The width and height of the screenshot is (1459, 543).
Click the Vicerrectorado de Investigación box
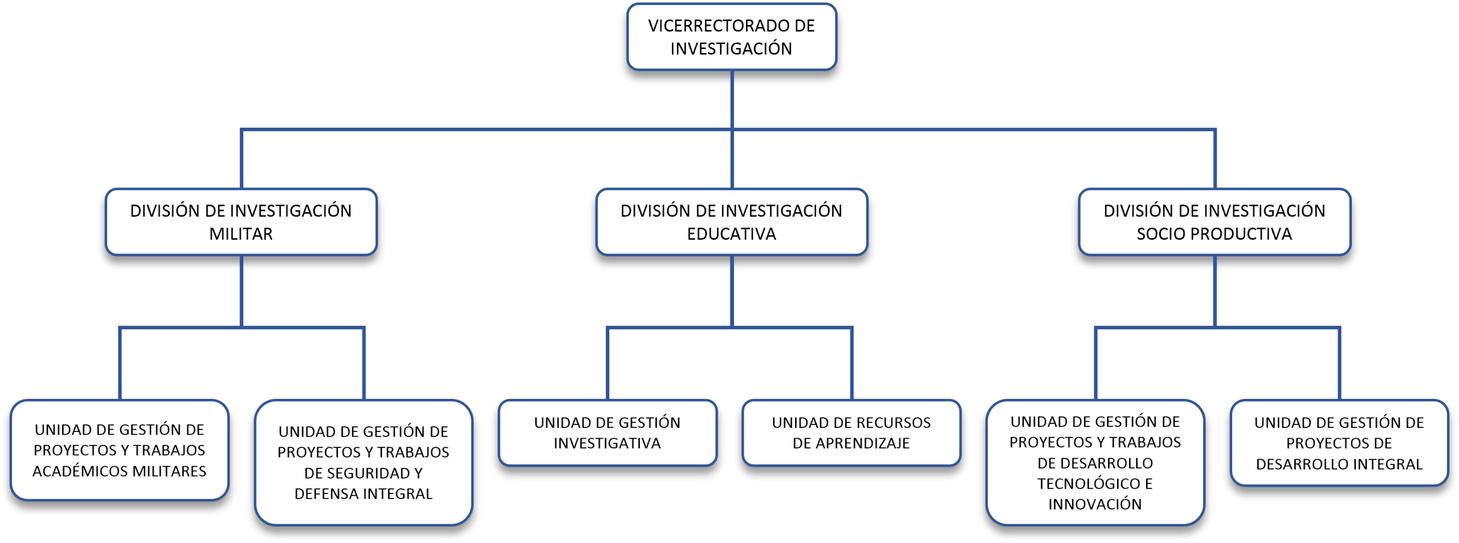(x=731, y=37)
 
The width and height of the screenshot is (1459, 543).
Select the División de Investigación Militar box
(x=241, y=222)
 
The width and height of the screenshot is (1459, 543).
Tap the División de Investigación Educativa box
(x=731, y=222)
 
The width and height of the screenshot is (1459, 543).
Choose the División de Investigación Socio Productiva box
(x=1215, y=222)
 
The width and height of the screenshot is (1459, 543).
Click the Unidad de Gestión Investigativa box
(x=608, y=432)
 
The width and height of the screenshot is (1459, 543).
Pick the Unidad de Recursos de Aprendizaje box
(x=851, y=432)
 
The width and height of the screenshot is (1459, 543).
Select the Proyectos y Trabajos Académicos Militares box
(x=120, y=450)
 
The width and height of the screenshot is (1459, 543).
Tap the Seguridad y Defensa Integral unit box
(x=364, y=462)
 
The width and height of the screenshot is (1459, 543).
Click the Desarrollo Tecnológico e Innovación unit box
(x=1095, y=462)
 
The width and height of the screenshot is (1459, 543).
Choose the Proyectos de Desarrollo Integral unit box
(x=1339, y=443)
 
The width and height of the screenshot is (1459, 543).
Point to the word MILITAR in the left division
(x=241, y=234)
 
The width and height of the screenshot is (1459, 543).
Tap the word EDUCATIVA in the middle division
(x=731, y=234)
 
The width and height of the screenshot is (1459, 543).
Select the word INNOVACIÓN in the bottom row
(x=1095, y=504)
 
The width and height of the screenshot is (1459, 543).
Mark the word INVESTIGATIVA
(x=608, y=443)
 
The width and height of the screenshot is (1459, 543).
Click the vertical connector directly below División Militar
(x=242, y=291)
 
